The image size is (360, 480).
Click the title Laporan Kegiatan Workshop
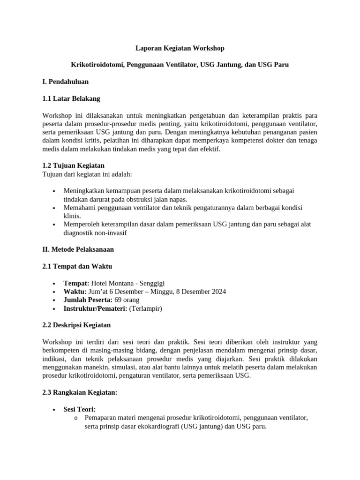pos(180,48)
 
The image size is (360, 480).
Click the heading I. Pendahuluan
pos(65,82)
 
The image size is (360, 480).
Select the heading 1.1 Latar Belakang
pos(71,98)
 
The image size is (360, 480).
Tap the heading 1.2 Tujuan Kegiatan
pos(73,165)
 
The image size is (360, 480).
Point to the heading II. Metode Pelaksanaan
pos(78,249)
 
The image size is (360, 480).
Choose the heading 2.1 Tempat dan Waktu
pos(77,266)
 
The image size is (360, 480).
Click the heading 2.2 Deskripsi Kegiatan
pos(76,325)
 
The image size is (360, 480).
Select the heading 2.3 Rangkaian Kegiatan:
pos(79,392)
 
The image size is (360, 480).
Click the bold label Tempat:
pos(76,283)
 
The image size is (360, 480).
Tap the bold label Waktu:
pos(75,292)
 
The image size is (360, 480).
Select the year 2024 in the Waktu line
pos(218,292)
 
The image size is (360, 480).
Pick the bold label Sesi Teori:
pos(80,409)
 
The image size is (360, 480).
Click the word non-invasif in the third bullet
pos(109,232)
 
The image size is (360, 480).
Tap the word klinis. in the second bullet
pos(73,216)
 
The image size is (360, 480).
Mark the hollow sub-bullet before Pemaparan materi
pos(76,418)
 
